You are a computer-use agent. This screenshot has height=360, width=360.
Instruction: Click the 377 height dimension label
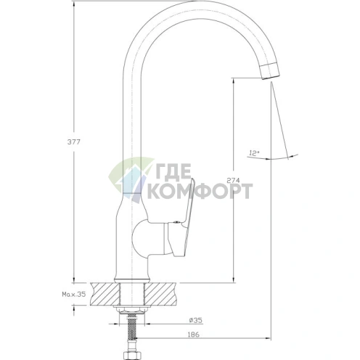(x=73, y=142)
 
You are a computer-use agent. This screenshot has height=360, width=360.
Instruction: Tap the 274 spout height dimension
(x=233, y=180)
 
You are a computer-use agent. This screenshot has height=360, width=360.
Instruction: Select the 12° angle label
(x=254, y=153)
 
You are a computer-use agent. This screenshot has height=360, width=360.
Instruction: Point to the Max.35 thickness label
(x=74, y=294)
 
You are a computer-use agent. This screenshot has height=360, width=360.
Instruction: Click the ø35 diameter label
(x=195, y=320)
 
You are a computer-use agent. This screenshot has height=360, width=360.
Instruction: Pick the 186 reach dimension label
(x=194, y=335)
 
